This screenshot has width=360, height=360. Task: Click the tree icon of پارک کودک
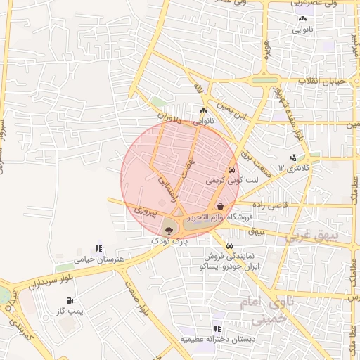(168, 229)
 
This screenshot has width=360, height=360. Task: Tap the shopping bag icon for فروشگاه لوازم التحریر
(221, 207)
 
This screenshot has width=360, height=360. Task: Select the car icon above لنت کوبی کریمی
(231, 171)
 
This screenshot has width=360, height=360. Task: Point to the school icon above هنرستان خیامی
(98, 249)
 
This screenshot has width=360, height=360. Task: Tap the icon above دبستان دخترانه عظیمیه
(217, 328)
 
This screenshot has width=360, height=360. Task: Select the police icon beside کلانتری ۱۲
(292, 158)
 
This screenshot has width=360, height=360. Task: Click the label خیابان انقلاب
(323, 82)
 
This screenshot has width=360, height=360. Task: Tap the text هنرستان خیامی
(99, 259)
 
